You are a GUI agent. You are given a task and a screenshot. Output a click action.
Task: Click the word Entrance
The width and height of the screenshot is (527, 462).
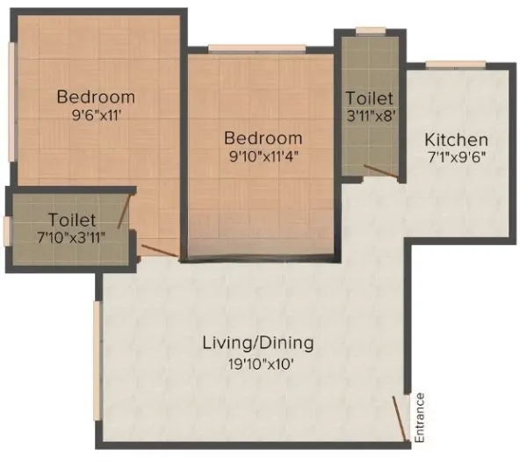420,417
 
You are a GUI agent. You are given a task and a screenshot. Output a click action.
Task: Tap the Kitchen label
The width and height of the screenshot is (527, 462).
456,141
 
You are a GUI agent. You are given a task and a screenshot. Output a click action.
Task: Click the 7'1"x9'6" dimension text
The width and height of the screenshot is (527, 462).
456,159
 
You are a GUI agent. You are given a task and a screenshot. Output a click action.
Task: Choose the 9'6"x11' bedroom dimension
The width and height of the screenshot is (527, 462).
96,115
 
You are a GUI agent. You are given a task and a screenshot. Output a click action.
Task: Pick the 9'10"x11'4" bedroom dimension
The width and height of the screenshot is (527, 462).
263,157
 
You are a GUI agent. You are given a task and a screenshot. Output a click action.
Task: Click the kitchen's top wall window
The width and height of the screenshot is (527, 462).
455,63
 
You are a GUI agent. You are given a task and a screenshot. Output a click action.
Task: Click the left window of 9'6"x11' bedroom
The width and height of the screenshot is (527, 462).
11,97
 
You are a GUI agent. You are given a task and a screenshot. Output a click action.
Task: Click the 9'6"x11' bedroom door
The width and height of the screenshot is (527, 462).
159,251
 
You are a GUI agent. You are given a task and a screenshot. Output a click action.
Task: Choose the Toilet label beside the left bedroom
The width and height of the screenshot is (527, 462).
73,219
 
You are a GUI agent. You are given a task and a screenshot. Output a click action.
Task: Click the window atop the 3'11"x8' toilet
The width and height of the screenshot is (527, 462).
370,32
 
